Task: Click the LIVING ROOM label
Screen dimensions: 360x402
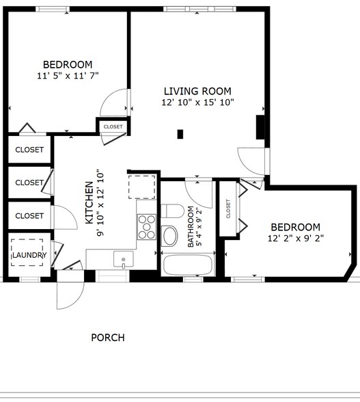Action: click(x=197, y=92)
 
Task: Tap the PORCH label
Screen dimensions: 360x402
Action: click(x=108, y=338)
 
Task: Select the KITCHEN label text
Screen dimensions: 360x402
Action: click(x=89, y=202)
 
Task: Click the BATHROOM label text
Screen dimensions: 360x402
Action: click(x=191, y=227)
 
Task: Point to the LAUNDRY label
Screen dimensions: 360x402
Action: click(x=29, y=255)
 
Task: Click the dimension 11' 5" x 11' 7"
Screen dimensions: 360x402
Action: click(x=68, y=76)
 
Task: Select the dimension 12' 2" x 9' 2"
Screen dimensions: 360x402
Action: click(x=296, y=239)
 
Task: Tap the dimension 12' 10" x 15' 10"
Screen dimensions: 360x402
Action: click(x=197, y=103)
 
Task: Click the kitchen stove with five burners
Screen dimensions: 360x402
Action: click(x=147, y=227)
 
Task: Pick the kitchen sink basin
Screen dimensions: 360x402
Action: click(x=124, y=259)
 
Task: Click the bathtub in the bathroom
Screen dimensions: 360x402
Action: click(x=188, y=265)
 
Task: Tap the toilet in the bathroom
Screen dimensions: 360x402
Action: click(x=172, y=211)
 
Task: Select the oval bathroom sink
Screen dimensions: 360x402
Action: click(x=169, y=236)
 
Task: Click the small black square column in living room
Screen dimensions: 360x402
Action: click(x=180, y=134)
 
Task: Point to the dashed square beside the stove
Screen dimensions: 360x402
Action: click(x=142, y=187)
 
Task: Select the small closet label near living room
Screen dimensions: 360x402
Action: click(x=113, y=126)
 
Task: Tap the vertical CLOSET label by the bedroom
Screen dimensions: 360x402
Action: click(x=228, y=209)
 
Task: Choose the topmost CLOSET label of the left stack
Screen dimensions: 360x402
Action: click(x=29, y=150)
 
